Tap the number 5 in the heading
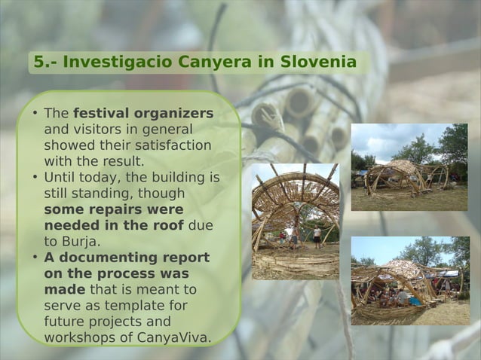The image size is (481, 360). pos(38,62)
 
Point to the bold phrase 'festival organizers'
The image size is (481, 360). pos(142,114)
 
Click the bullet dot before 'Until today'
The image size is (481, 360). pos(35,178)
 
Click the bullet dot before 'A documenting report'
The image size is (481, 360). pos(35,258)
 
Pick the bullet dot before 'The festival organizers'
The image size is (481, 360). pos(35,114)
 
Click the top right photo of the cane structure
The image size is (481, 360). pos(409,167)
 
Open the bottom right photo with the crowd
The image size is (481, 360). pos(409,280)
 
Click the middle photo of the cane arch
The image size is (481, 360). pos(295,221)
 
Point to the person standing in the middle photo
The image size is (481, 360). pos(317,236)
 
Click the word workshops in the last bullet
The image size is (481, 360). pos(78,337)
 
